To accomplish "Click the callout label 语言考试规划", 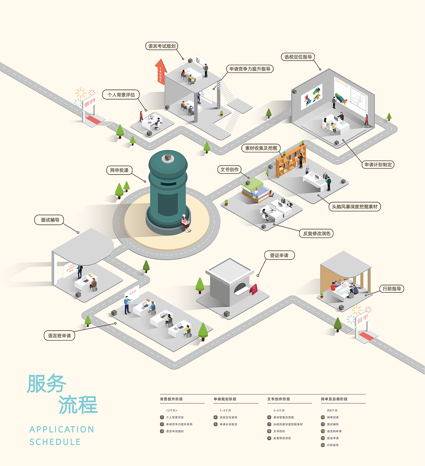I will [162, 46].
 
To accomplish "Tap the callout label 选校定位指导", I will [298, 57].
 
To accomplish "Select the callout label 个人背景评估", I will [121, 95].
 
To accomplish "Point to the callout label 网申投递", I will [119, 170].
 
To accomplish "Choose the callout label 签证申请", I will [279, 255].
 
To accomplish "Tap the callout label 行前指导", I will [392, 289].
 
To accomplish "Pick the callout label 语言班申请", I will [59, 336].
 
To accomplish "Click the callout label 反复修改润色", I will [316, 233].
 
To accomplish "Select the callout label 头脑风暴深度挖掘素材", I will [355, 207].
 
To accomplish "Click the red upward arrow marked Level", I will [161, 71].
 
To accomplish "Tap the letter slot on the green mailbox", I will [168, 184].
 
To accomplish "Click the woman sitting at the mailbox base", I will [185, 222].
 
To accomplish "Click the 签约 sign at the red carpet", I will [89, 103].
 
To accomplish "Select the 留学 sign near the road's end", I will [362, 319].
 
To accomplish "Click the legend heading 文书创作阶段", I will [279, 399].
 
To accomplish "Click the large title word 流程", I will [78, 405].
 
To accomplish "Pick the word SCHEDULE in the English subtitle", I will [55, 442].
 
